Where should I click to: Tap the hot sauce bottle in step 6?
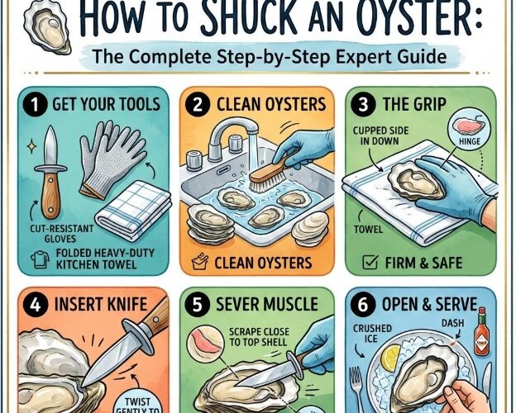482,339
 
